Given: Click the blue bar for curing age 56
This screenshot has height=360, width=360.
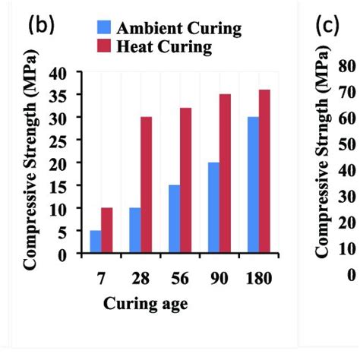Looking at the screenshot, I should (x=174, y=219).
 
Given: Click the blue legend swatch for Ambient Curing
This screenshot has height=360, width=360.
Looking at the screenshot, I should (x=106, y=29).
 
